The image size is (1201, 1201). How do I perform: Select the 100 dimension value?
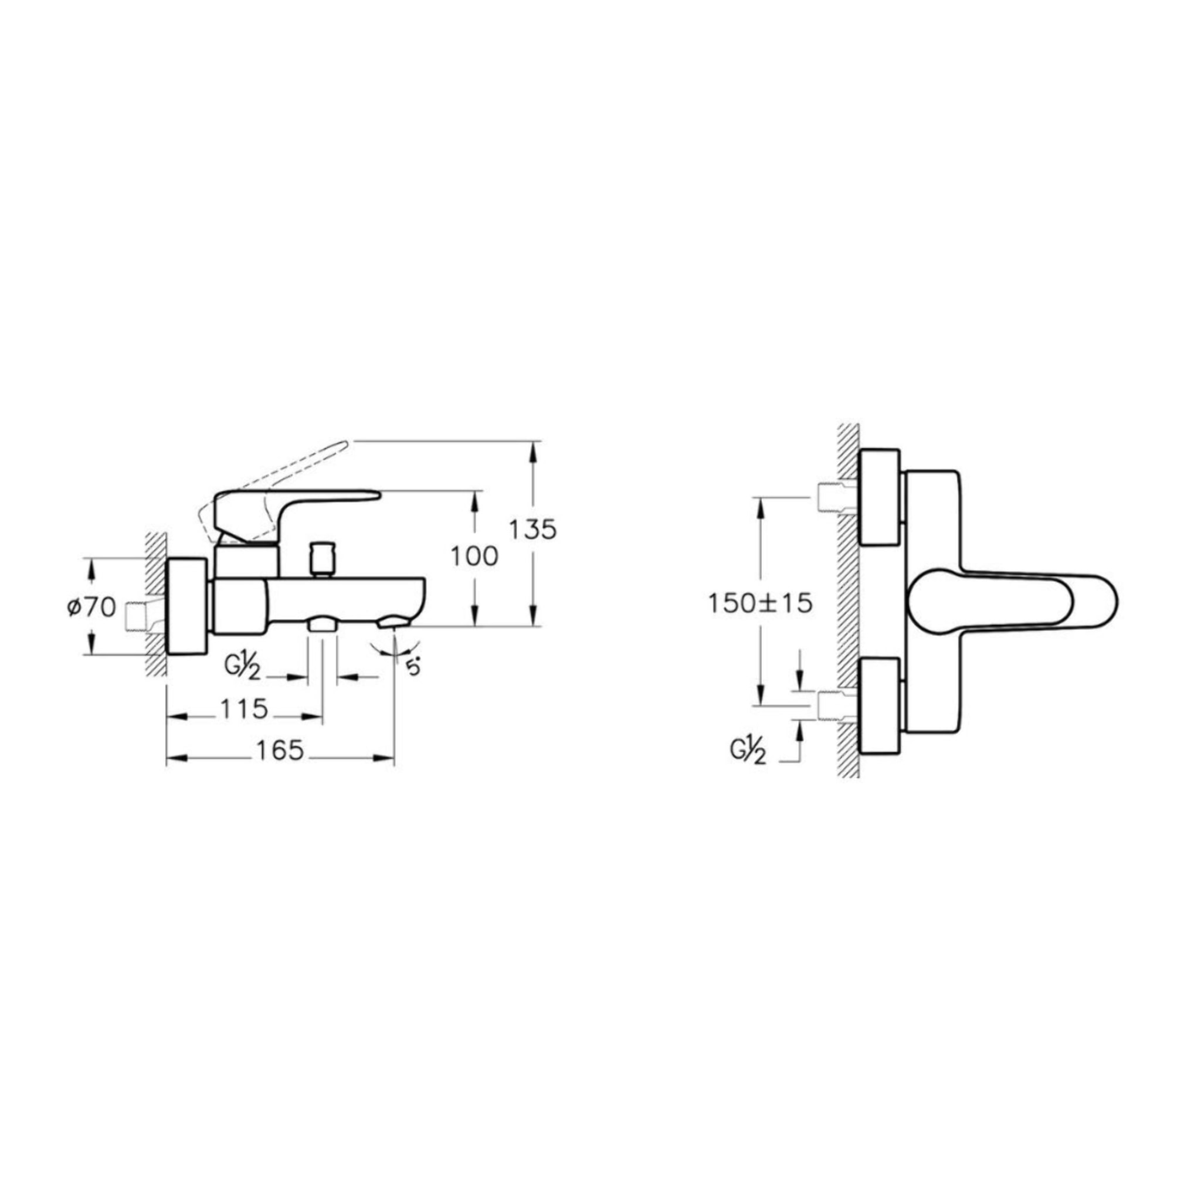[x=474, y=557]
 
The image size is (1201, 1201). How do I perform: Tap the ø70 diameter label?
[x=91, y=607]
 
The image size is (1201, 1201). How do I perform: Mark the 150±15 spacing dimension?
[x=760, y=603]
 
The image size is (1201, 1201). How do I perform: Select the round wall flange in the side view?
[x=186, y=606]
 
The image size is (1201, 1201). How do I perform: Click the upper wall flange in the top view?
[x=879, y=497]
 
